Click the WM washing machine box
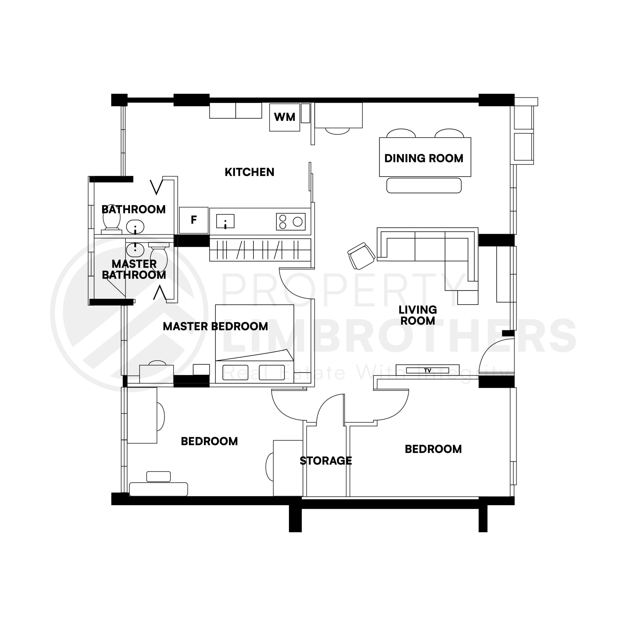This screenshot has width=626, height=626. [284, 117]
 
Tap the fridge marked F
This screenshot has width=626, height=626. [193, 220]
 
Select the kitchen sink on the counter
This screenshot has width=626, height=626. [225, 221]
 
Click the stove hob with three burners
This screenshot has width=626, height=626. [291, 222]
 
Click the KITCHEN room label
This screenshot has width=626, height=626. [249, 172]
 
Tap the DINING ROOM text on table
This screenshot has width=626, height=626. [424, 158]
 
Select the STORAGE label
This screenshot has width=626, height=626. [326, 460]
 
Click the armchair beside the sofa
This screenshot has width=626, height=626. [361, 256]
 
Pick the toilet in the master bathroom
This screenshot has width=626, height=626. [159, 257]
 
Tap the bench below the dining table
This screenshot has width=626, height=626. [424, 185]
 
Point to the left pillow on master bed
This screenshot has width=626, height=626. [235, 372]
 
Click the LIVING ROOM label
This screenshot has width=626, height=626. [417, 315]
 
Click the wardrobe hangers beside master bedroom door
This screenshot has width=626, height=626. [260, 250]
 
